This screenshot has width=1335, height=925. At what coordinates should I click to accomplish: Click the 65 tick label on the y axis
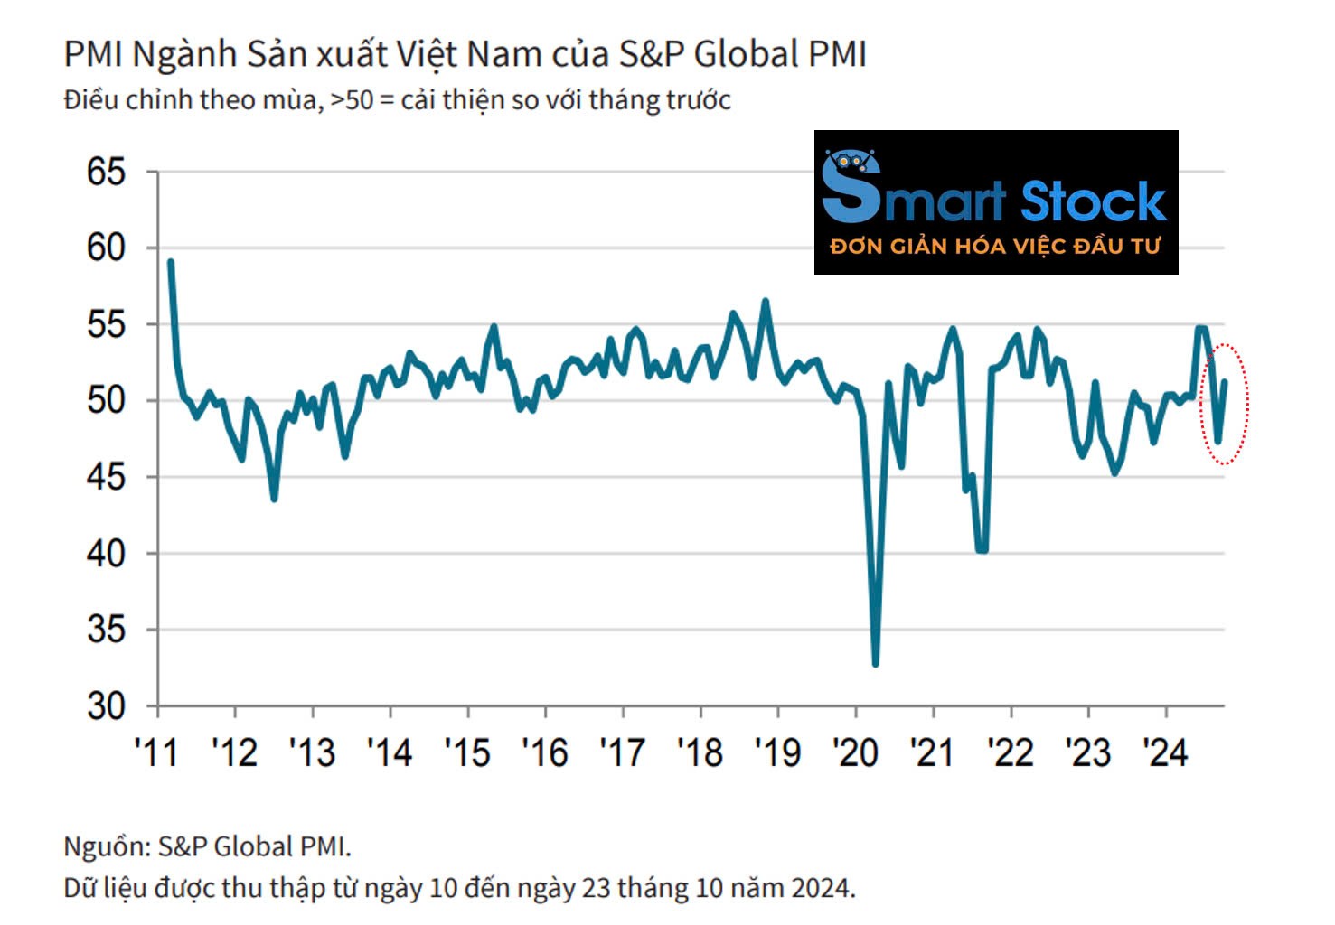point(106,172)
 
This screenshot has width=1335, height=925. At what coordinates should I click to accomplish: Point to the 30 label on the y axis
point(106,705)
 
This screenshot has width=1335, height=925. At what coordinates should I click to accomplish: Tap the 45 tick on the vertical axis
point(106,477)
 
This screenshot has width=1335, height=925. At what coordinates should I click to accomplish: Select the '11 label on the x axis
point(157,752)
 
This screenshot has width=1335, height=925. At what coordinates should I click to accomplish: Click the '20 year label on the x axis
point(855,752)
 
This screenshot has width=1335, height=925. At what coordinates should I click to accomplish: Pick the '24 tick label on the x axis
point(1165,752)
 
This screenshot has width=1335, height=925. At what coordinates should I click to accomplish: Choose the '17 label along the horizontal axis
point(622,752)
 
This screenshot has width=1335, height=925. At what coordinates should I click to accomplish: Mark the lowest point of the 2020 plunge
point(875,664)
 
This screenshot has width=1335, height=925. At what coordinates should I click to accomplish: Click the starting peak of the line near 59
point(171,262)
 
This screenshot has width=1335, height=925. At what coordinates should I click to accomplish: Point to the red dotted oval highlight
point(1224,404)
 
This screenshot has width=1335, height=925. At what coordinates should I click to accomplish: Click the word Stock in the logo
point(1093,201)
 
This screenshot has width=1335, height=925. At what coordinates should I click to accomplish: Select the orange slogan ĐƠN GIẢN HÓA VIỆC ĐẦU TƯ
point(995,247)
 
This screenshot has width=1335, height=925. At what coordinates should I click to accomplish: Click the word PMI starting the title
point(93,55)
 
